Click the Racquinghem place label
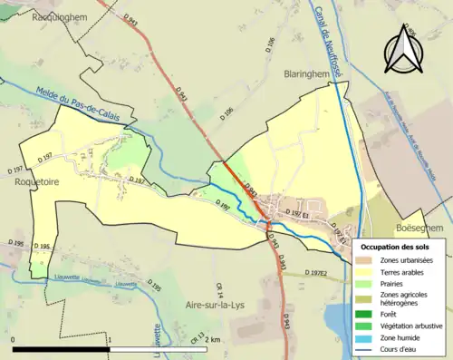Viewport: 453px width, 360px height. (x=60, y=16)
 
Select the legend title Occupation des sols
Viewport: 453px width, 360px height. (x=397, y=247)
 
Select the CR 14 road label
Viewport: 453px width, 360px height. (x=220, y=288)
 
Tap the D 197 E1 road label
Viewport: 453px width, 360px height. (x=298, y=213)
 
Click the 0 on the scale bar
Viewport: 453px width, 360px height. (x=14, y=339)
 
